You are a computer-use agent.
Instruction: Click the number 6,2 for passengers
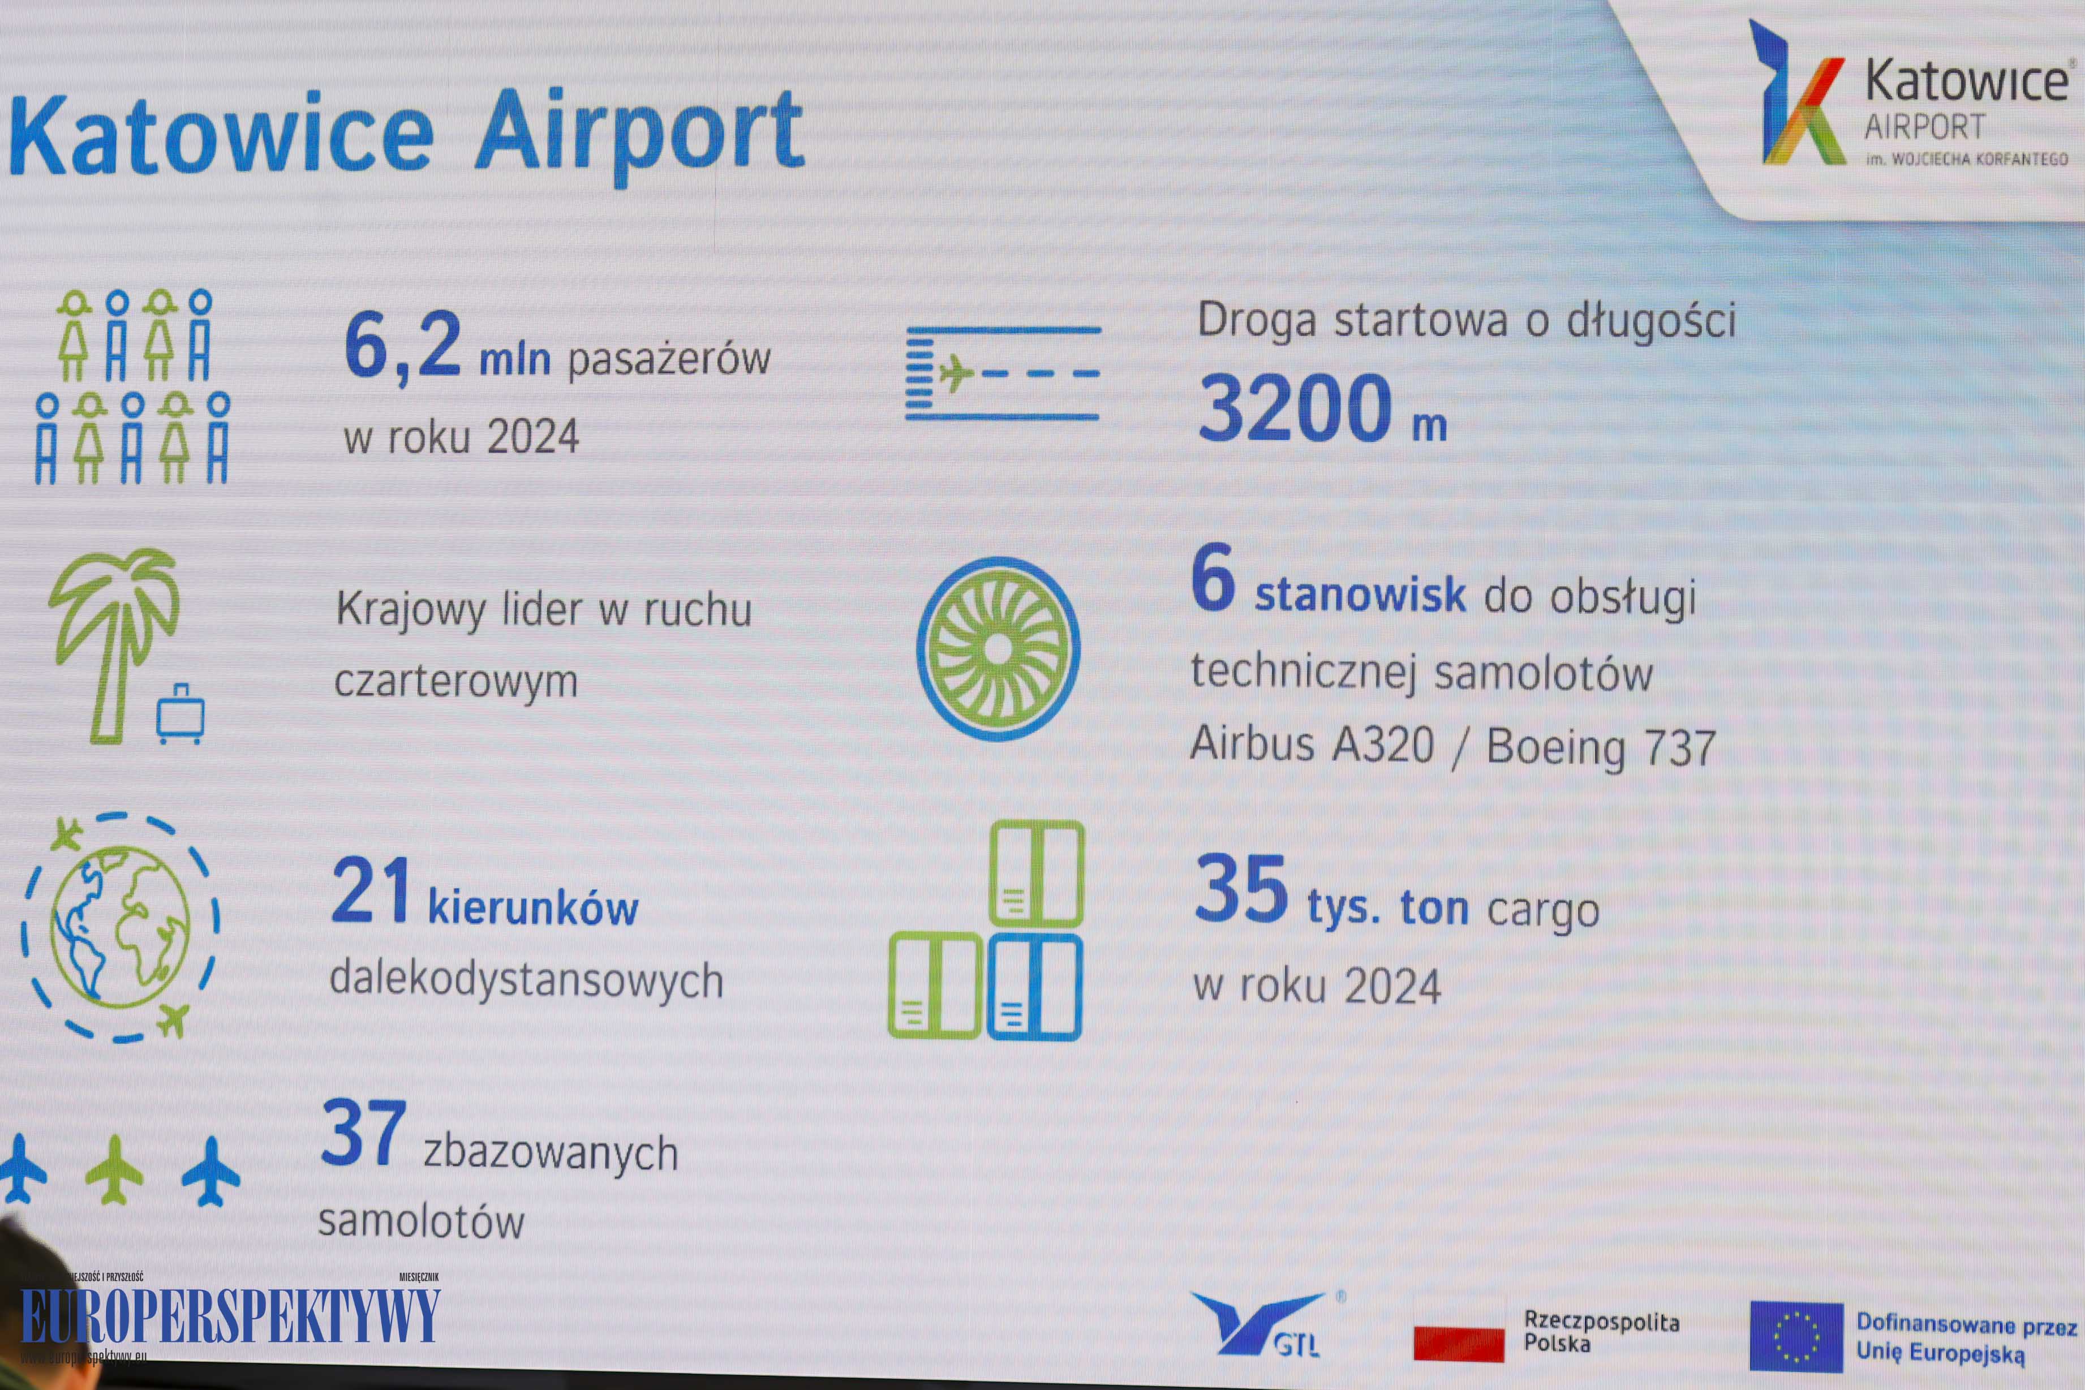pyautogui.click(x=402, y=346)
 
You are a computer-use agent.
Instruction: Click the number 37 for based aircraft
pyautogui.click(x=363, y=1133)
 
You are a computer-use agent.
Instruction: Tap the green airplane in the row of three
pyautogui.click(x=114, y=1169)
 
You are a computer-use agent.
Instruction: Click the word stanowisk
pyautogui.click(x=1360, y=595)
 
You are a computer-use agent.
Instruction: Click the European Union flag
pyautogui.click(x=1796, y=1336)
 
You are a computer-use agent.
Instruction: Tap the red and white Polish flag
pyautogui.click(x=1458, y=1343)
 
